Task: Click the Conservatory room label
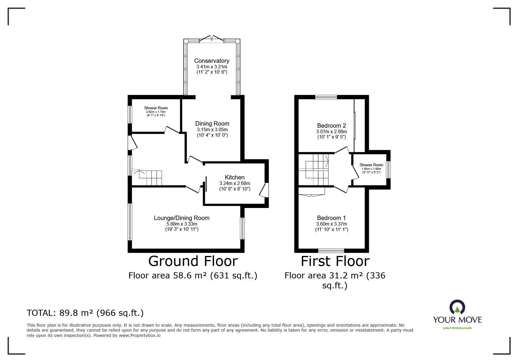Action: click(x=211, y=61)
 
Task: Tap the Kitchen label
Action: click(x=235, y=177)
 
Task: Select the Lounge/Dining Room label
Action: click(x=182, y=218)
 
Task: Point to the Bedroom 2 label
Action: click(x=331, y=126)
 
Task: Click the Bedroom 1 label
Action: click(x=331, y=218)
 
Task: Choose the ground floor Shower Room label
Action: click(x=156, y=108)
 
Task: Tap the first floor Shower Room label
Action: click(x=371, y=165)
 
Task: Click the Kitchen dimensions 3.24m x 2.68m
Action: click(x=235, y=183)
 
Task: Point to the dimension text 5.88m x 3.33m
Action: click(x=182, y=224)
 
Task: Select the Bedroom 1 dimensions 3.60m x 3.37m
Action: click(x=331, y=224)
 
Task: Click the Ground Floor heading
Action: click(x=193, y=261)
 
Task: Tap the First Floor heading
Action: click(x=335, y=261)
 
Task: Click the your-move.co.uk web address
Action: click(x=457, y=328)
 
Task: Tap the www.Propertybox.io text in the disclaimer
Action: click(x=140, y=336)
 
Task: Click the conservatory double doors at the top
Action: click(x=212, y=39)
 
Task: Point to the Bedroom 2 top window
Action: click(x=326, y=97)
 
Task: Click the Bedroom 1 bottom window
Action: click(x=331, y=250)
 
